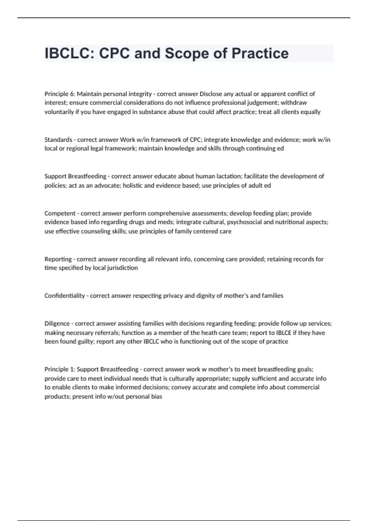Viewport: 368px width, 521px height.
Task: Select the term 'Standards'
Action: (x=58, y=140)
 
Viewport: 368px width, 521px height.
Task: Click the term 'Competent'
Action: (x=60, y=213)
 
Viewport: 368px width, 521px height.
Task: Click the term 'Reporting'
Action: (x=58, y=259)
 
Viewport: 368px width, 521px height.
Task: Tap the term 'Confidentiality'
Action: (x=64, y=296)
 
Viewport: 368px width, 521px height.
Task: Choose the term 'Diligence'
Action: (x=57, y=324)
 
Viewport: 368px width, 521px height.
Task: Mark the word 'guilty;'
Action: (x=86, y=342)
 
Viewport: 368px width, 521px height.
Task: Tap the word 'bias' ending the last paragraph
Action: (x=157, y=397)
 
